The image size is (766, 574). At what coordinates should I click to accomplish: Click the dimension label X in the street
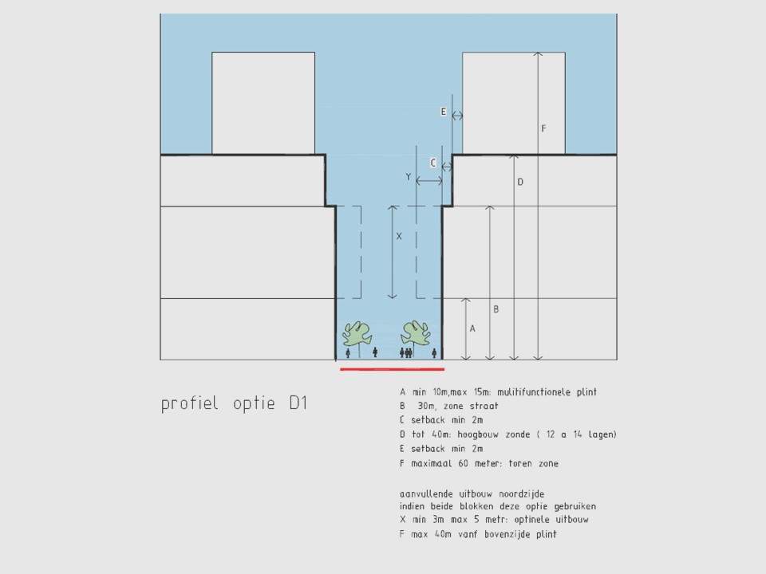(399, 236)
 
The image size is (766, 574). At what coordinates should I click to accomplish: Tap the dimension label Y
(409, 177)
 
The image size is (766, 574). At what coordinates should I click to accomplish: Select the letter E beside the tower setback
(444, 112)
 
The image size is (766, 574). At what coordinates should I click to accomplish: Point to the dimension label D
(520, 182)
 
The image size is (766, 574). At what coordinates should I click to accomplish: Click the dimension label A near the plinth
(472, 329)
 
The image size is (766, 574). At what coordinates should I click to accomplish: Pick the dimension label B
(496, 309)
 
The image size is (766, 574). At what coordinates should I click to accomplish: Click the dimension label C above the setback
(432, 163)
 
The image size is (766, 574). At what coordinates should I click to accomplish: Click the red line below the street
(393, 369)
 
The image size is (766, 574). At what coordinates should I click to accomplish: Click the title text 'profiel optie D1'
(234, 404)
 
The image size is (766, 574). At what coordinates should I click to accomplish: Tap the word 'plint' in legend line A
(586, 392)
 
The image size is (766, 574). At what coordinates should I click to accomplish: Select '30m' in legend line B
(427, 406)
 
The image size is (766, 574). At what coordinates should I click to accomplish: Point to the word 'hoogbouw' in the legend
(478, 434)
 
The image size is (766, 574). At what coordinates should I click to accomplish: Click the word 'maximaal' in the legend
(432, 463)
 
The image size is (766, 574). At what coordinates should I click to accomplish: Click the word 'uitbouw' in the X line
(572, 520)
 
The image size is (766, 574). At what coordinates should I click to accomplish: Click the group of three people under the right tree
(406, 352)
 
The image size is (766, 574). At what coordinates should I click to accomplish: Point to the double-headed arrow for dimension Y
(429, 181)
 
